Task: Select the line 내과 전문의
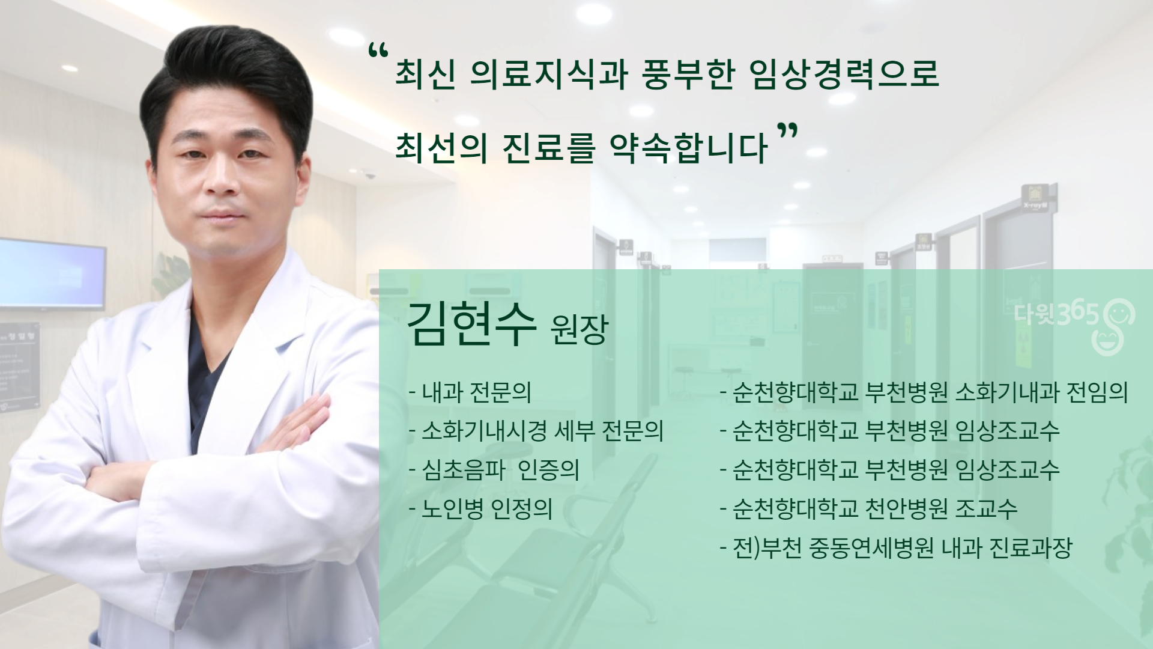pos(470,392)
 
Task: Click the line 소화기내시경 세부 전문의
pos(536,431)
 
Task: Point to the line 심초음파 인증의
pos(494,470)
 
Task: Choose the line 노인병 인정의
pos(480,509)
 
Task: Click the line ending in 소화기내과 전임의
pos(924,392)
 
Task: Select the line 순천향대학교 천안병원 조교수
pos(869,509)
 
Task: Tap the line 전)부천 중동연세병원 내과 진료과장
pos(896,548)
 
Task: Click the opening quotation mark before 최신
pos(379,52)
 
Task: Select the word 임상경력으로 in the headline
pos(845,73)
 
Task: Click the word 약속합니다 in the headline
pos(689,147)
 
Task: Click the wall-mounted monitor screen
pos(52,273)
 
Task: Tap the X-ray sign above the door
pos(1038,199)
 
